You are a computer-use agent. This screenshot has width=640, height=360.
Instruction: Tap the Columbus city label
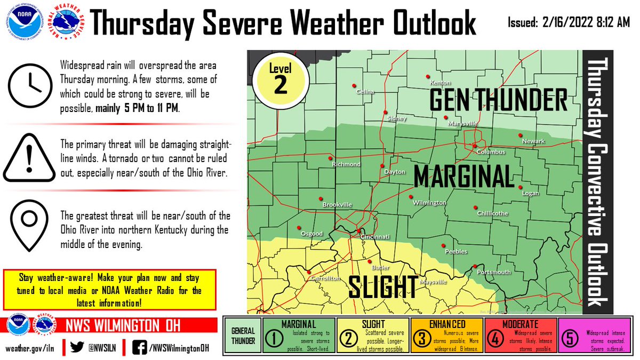tap(490, 151)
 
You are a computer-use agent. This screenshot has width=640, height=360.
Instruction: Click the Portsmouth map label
tap(494, 272)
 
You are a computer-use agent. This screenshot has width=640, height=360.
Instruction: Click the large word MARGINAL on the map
tap(462, 176)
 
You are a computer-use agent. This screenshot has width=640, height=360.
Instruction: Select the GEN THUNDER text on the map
tap(498, 100)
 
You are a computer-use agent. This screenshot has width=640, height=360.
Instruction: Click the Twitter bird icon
tap(78, 347)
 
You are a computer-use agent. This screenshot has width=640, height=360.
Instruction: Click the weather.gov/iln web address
tap(30, 348)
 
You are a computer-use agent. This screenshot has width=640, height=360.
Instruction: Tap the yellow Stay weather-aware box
tap(109, 290)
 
